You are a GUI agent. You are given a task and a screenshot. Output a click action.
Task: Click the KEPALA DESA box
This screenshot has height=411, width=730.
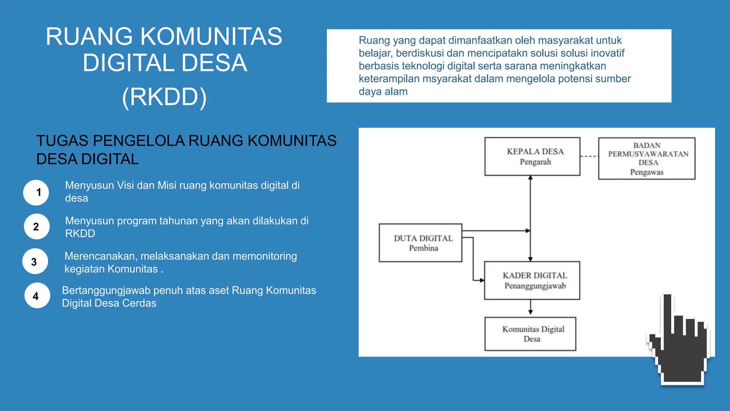(x=532, y=156)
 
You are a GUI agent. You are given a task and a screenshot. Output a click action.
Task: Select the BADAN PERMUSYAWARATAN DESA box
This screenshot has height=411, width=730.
(x=647, y=158)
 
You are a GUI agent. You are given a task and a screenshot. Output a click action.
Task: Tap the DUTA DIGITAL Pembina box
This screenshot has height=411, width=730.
(x=420, y=243)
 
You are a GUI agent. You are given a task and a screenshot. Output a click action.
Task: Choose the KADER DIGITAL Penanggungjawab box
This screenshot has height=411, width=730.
(x=532, y=280)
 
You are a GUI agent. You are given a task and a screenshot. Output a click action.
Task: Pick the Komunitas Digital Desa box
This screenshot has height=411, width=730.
(x=530, y=334)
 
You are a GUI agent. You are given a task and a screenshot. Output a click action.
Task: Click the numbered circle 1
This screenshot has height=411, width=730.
(x=36, y=193)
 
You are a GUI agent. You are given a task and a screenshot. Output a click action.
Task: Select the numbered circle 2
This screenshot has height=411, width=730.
(x=36, y=227)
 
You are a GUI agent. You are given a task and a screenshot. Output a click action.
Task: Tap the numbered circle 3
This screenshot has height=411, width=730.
(x=35, y=262)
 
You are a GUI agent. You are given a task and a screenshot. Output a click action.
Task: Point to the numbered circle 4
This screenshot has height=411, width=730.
(x=37, y=296)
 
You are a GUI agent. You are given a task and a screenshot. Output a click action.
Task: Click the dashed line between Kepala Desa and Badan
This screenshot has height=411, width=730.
(x=589, y=156)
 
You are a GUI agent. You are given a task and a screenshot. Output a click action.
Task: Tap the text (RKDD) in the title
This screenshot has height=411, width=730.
(x=164, y=97)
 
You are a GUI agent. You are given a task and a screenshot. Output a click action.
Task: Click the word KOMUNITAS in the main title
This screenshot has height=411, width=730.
(x=211, y=36)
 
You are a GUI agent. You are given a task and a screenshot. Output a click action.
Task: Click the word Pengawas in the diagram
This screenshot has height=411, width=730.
(x=647, y=172)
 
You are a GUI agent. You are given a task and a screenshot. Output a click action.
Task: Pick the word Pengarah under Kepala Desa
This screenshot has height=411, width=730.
(x=535, y=162)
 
